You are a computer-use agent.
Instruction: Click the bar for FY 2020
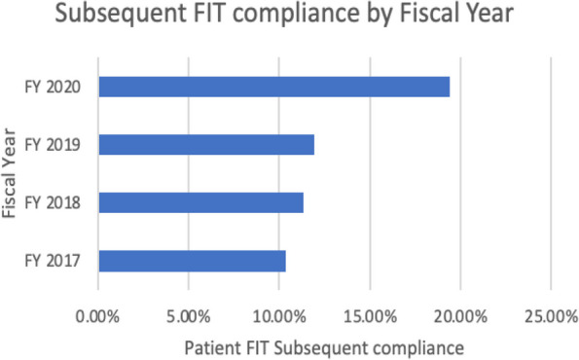[273, 87]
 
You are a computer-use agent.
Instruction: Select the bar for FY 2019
[206, 145]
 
